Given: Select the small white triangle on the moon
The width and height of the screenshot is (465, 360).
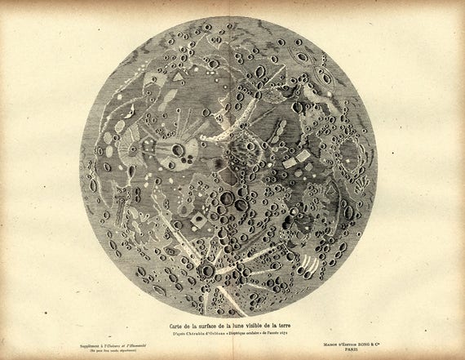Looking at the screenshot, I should click(178, 76).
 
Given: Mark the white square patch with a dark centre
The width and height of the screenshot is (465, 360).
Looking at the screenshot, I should click(198, 220).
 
